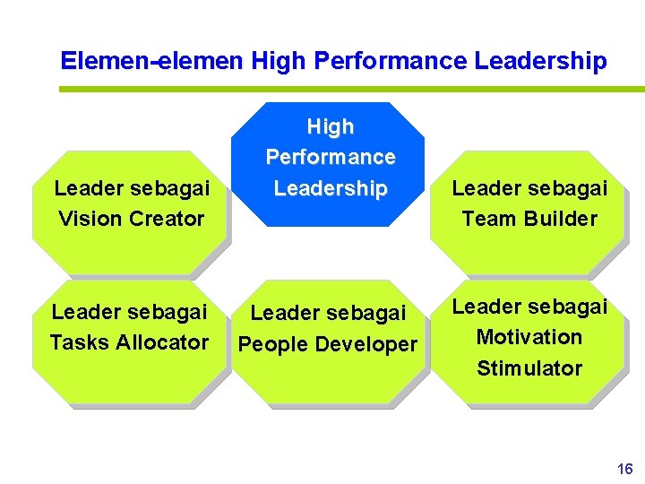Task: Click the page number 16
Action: coord(624,469)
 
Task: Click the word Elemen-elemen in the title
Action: coord(151,61)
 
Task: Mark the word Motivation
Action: coord(529,337)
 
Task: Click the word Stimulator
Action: coord(529,368)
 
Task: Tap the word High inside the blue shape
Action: coord(331,126)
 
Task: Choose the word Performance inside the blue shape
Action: coord(331,158)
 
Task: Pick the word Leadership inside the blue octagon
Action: coord(331,189)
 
